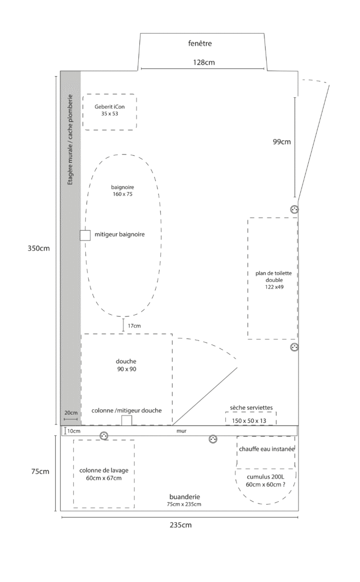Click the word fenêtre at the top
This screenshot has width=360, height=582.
pos(200,43)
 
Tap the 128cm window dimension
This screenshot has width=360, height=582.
pos(204,63)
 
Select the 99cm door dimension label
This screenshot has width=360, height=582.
pos(282,142)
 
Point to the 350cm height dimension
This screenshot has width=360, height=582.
pos(39,248)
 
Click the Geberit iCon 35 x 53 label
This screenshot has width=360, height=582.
pos(110,110)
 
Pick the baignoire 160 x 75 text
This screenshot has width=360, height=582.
pos(123,191)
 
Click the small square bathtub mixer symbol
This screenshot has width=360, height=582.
pos(85,235)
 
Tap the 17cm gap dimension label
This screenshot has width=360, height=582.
pos(134,326)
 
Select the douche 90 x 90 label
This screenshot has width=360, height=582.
pos(126,365)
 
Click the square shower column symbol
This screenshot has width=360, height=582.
pos(127,421)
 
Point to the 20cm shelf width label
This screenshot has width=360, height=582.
pos(71,413)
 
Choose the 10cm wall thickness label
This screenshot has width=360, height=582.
pos(73,431)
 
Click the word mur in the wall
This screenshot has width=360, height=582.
pos(181,431)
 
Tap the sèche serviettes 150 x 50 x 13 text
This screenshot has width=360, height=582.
pos(251,414)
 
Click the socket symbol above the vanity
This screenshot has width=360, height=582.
pos(294,210)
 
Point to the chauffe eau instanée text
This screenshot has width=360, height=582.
pos(267,449)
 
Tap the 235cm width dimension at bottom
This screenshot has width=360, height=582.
pos(181,525)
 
